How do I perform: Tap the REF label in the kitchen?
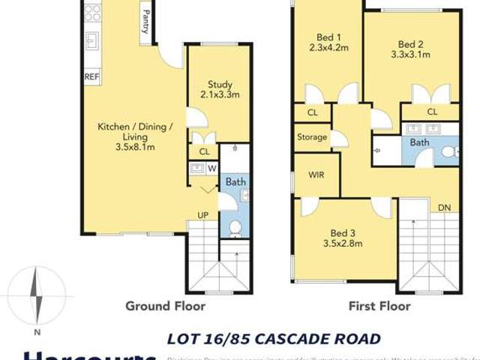[91, 76]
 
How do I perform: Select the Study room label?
[220, 89]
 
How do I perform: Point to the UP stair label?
[203, 216]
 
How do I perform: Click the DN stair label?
[445, 208]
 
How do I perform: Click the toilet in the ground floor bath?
[235, 227]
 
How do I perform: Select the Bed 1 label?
[328, 42]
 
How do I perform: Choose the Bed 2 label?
[410, 49]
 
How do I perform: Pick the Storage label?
[312, 137]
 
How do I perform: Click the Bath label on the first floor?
[419, 142]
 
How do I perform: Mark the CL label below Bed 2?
[432, 112]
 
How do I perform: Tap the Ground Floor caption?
[165, 306]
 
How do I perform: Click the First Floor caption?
[379, 306]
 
